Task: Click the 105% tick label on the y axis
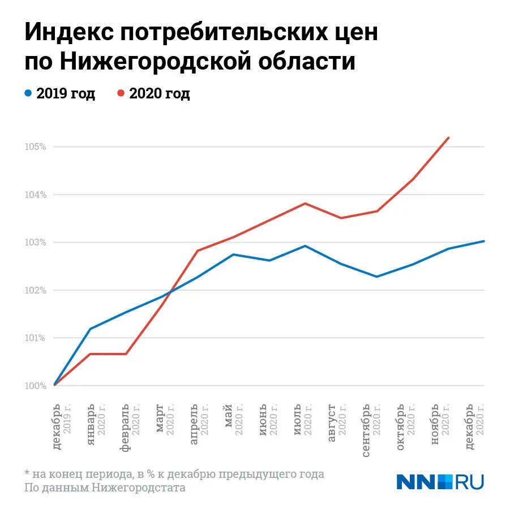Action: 35,147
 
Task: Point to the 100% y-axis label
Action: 35,386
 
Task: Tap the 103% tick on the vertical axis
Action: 35,243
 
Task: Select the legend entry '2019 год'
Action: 60,93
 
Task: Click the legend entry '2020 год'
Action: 153,93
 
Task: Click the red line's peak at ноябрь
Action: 449,137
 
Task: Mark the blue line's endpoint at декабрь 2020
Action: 484,241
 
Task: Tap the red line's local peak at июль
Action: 305,203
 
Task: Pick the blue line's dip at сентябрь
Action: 377,277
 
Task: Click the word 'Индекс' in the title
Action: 67,33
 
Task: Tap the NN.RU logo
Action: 440,481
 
